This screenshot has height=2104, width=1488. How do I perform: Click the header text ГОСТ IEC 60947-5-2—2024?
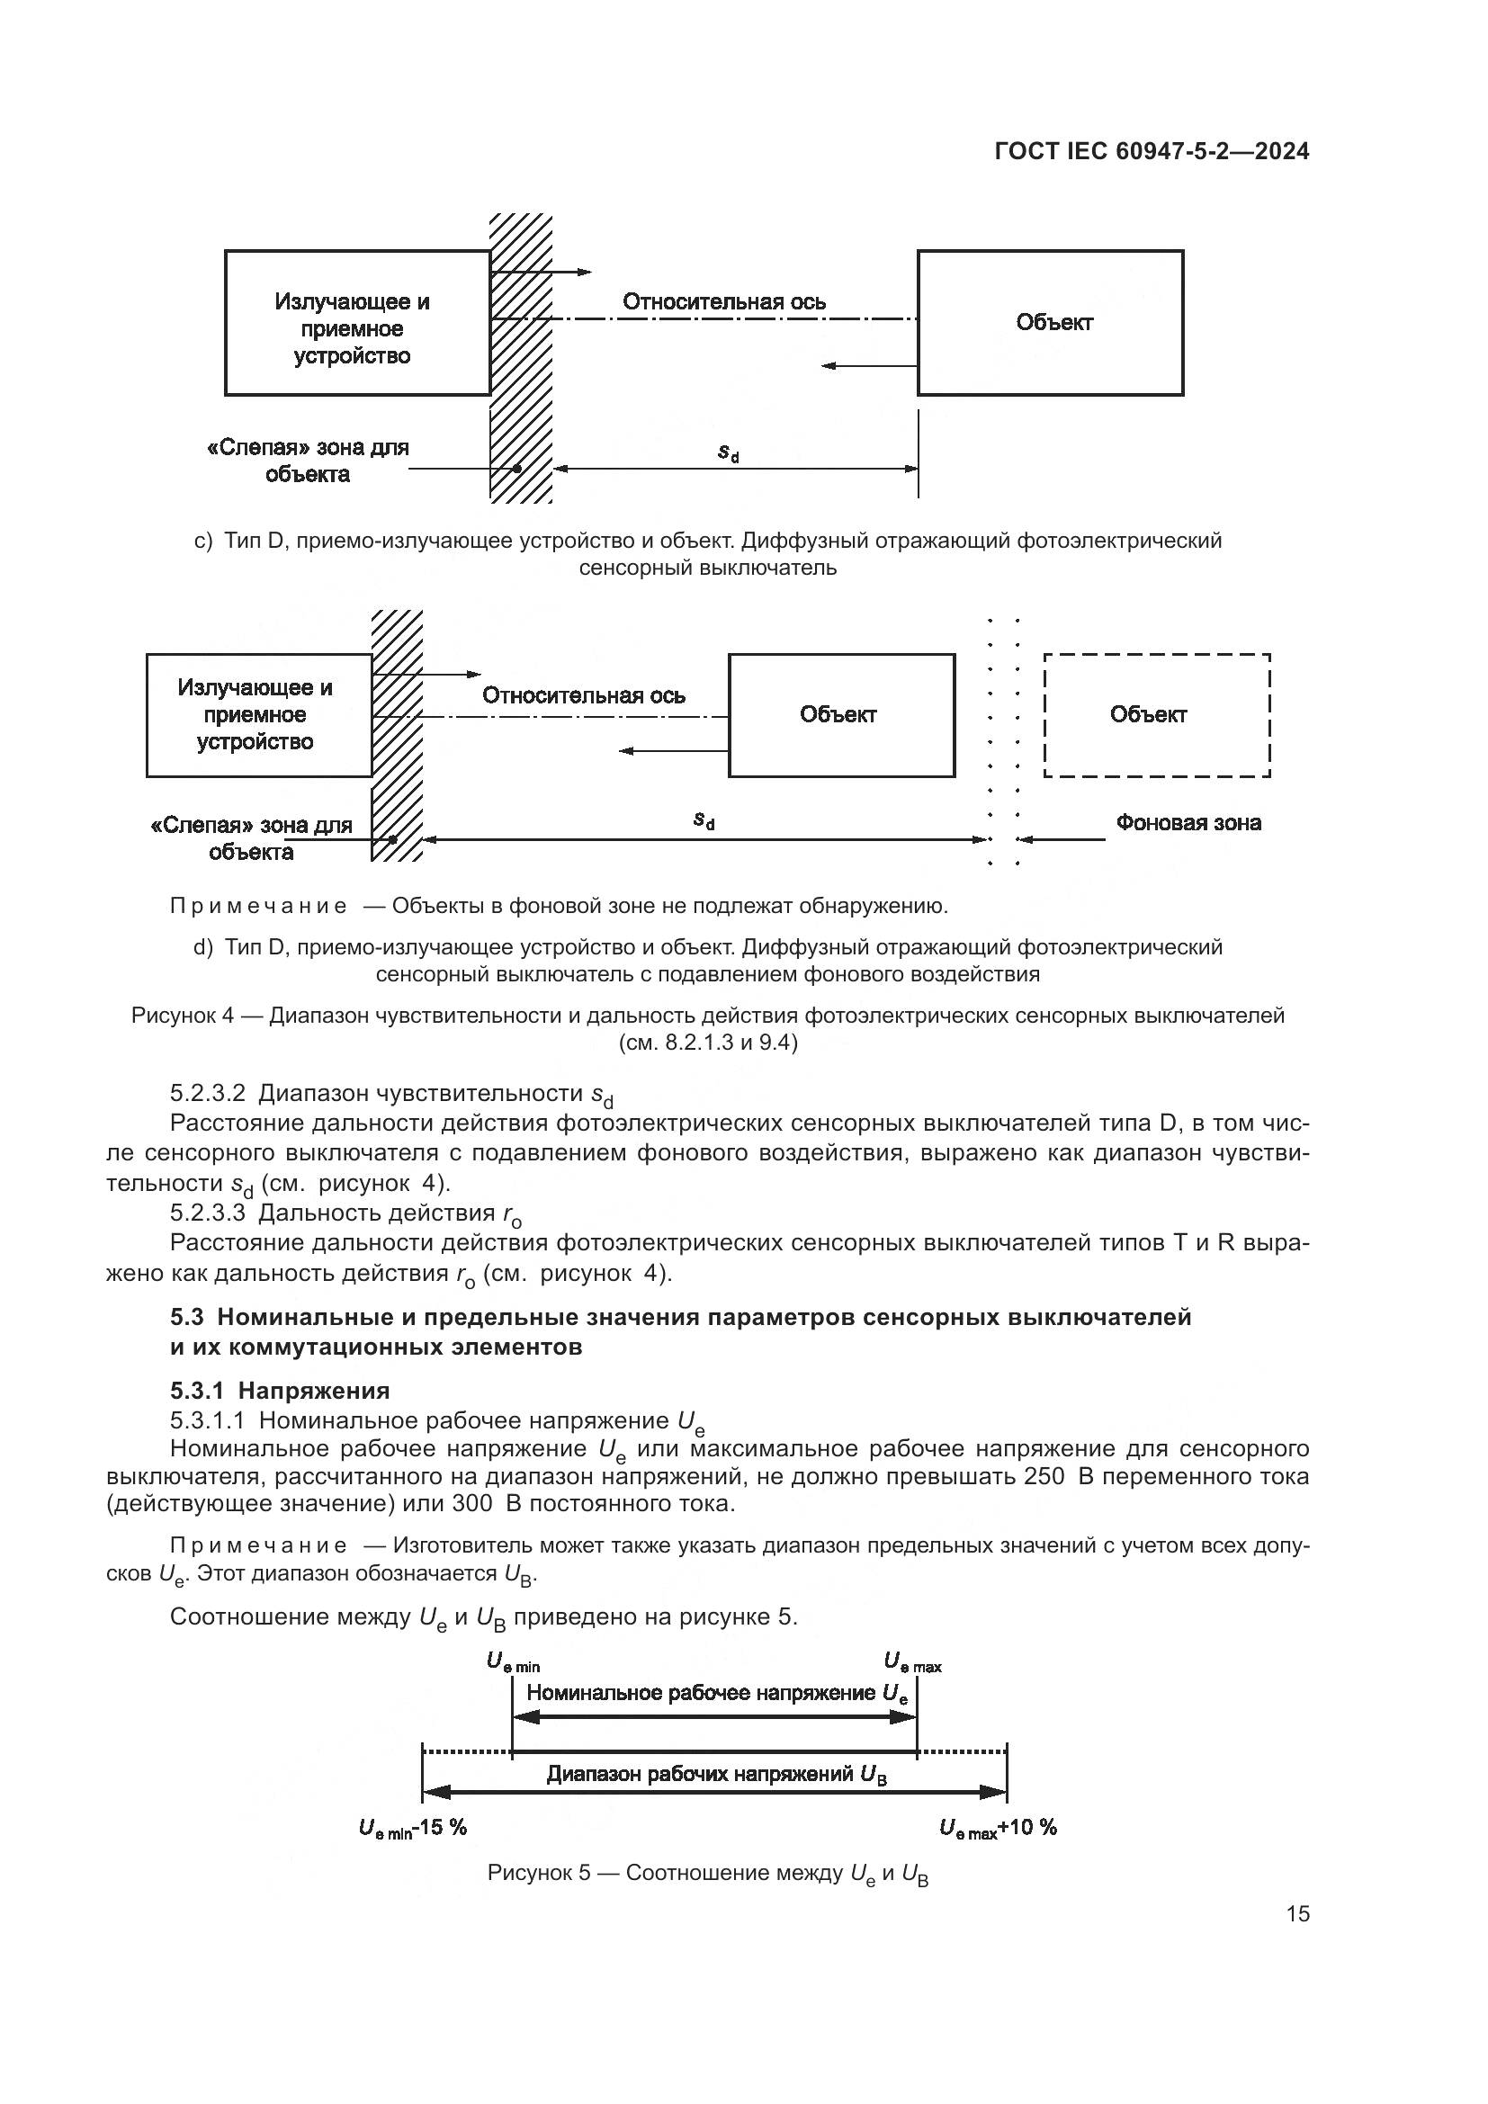[1152, 152]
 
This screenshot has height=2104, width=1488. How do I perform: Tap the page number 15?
[1297, 1913]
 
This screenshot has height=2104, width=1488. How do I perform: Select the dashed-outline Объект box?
[1156, 715]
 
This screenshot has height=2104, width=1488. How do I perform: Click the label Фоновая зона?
[1188, 823]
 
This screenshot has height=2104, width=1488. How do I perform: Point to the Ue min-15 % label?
[412, 1827]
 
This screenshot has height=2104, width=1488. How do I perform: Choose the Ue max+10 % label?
[998, 1827]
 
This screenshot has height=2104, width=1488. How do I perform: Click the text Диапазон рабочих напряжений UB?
[716, 1775]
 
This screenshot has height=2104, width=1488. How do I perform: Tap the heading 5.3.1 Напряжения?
[280, 1390]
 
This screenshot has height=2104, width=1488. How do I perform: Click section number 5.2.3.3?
[208, 1213]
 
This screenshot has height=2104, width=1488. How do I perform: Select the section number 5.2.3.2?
[208, 1093]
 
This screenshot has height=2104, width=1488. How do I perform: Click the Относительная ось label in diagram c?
[724, 301]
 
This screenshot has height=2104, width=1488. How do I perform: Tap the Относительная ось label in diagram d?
[584, 695]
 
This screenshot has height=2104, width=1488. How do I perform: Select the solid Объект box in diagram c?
[1050, 323]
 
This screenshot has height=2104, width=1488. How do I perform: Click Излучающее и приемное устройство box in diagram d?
[259, 715]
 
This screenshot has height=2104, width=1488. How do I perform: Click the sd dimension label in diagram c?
[729, 452]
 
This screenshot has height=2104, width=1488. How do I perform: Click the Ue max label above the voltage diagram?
[911, 1661]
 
